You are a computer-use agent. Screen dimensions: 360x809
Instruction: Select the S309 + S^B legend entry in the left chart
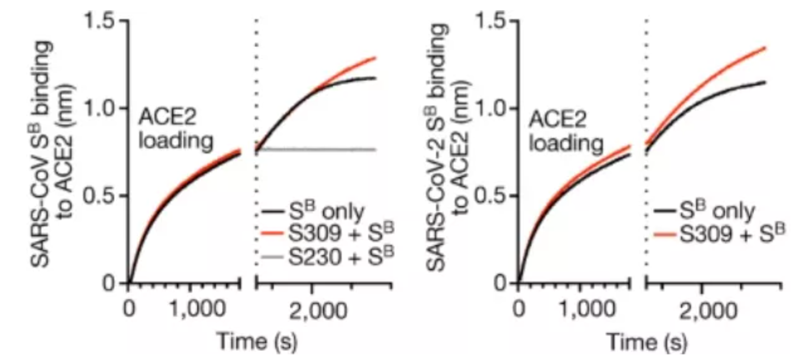point(327,234)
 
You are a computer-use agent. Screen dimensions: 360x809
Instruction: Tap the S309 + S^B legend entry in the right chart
point(717,234)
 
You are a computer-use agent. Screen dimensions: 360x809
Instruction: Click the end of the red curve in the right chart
point(765,47)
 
